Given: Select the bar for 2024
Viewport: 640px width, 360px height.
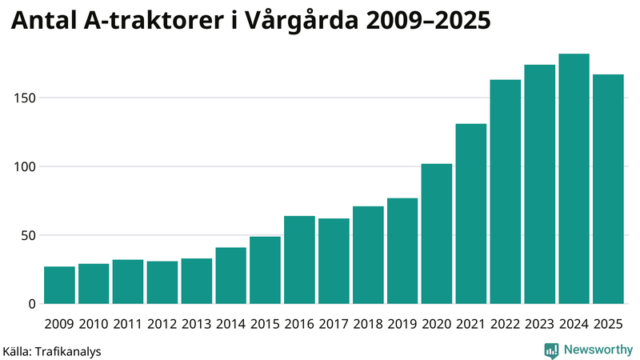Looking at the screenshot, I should point(574,179).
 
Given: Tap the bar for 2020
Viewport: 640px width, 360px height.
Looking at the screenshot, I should point(437,234).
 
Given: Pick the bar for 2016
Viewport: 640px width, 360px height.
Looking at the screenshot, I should point(299,260).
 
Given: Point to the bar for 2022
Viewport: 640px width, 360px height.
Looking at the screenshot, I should point(505,192).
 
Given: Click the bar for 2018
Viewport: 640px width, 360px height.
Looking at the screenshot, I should point(368,255).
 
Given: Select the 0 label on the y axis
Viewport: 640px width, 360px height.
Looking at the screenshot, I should point(32,304).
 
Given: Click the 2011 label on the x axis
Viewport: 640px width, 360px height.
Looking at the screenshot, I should point(128,324).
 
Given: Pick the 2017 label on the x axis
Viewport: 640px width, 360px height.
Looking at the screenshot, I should point(334,324).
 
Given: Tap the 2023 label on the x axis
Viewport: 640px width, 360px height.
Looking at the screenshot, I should point(539,324).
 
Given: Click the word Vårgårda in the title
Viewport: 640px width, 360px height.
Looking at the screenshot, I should point(293,22).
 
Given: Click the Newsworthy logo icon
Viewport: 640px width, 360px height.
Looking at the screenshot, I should point(551,350).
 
